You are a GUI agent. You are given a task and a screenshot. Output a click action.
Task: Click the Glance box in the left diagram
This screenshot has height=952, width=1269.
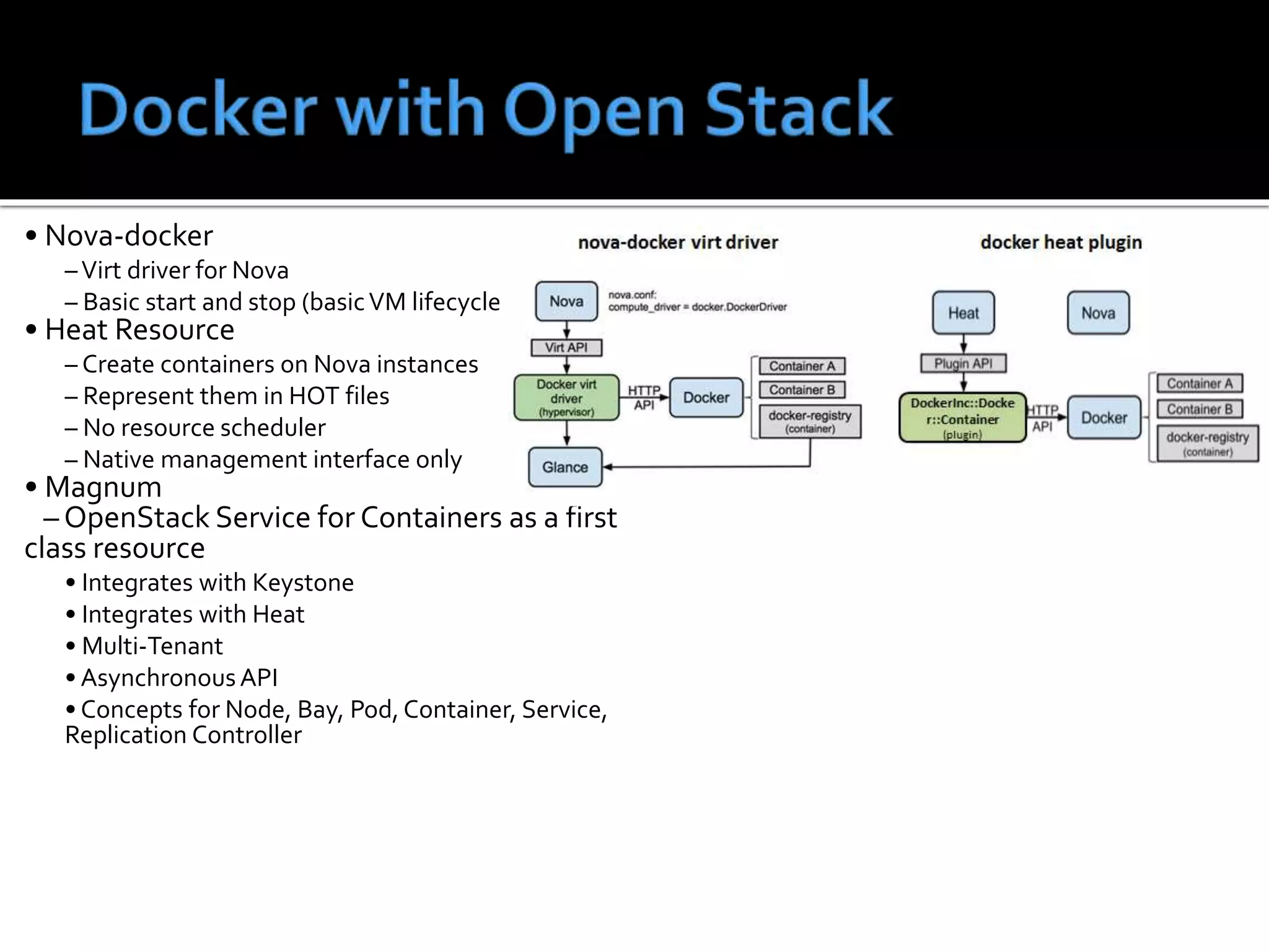point(565,467)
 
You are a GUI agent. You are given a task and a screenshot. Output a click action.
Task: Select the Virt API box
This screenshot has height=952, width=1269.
point(566,348)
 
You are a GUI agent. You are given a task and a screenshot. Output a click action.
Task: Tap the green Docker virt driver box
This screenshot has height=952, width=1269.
point(566,398)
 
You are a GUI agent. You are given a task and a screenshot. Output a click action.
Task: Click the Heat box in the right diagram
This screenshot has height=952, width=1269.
point(964,313)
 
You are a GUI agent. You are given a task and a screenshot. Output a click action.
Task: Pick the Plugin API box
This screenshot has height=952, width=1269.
point(964,363)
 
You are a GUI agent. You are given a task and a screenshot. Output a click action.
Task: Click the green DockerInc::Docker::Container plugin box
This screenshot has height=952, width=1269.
point(962,418)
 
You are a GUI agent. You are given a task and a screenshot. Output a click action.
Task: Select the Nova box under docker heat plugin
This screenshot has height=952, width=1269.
point(1098,313)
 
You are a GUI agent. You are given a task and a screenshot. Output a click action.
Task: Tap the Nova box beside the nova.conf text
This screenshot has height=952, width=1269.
point(566,301)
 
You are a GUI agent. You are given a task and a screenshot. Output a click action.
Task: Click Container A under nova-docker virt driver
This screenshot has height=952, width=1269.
point(802,366)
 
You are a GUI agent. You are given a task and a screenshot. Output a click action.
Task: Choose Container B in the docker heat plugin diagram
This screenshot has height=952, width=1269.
point(1200,409)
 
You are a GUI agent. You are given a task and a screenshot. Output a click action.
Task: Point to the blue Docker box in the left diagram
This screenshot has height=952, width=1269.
point(706,397)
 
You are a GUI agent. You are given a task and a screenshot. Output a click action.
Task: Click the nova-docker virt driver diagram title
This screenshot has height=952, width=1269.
point(678,242)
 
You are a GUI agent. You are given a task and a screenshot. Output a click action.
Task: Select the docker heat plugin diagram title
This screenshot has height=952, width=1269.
point(1061,242)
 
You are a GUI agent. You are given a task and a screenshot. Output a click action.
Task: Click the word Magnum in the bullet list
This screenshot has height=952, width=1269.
point(103,487)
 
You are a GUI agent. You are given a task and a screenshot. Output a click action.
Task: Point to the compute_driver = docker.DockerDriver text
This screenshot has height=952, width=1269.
point(697,307)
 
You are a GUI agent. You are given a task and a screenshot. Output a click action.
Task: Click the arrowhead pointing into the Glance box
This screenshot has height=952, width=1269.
point(608,467)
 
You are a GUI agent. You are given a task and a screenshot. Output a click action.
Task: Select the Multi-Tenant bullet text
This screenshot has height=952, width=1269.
point(152,646)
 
